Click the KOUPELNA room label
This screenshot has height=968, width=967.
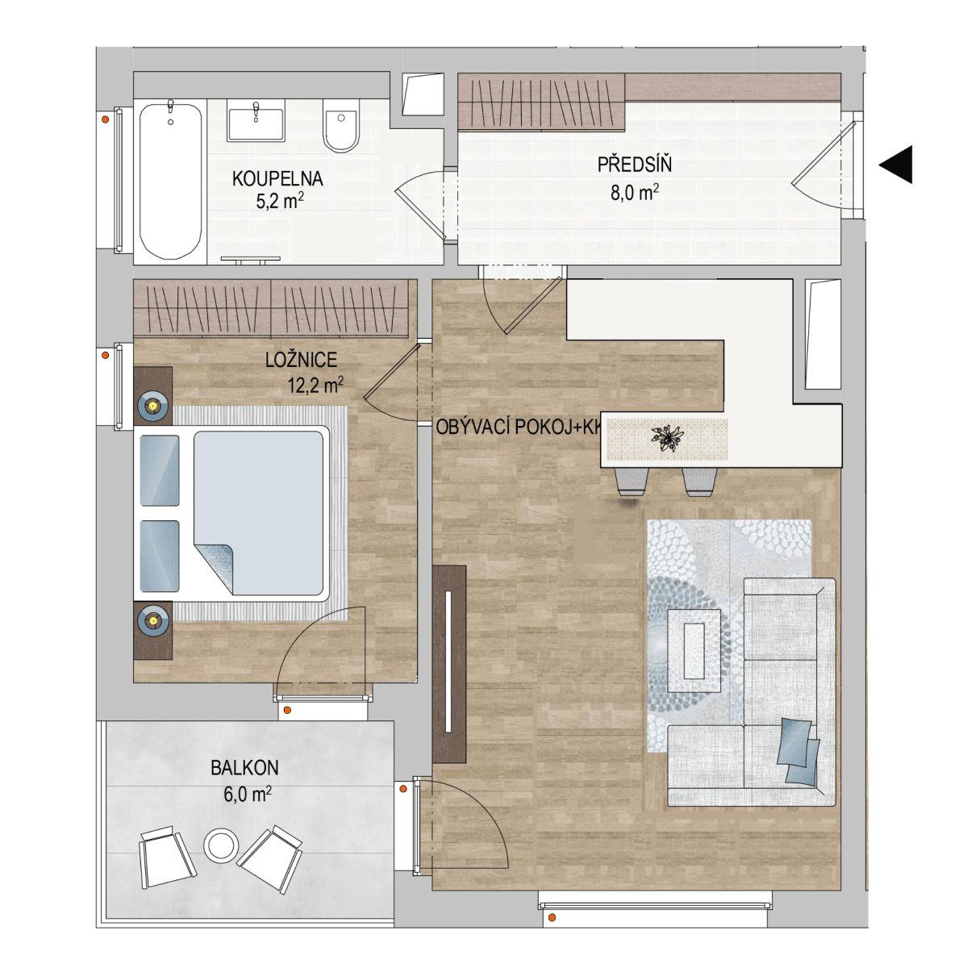[x=277, y=179]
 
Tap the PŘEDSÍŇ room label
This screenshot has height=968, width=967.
[x=634, y=165]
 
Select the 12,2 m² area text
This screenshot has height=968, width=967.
[x=315, y=386]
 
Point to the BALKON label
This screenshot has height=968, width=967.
[x=244, y=768]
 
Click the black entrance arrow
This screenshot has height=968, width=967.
[x=896, y=165]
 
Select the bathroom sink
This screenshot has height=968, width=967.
[x=255, y=123]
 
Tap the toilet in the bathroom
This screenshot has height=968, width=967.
[x=341, y=128]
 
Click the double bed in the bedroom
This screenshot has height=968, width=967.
[x=242, y=515]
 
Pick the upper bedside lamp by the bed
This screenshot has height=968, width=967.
[x=152, y=404]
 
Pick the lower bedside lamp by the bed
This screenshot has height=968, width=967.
[x=152, y=620]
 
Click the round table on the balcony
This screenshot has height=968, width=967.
[x=219, y=846]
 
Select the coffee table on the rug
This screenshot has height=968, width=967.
[x=694, y=650]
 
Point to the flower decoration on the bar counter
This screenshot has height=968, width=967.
[x=666, y=438]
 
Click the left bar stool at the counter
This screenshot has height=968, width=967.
[x=631, y=481]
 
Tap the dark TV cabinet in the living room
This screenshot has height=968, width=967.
[x=448, y=663]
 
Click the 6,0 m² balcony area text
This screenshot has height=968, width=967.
[x=247, y=794]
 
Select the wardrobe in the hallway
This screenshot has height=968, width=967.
[x=541, y=102]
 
